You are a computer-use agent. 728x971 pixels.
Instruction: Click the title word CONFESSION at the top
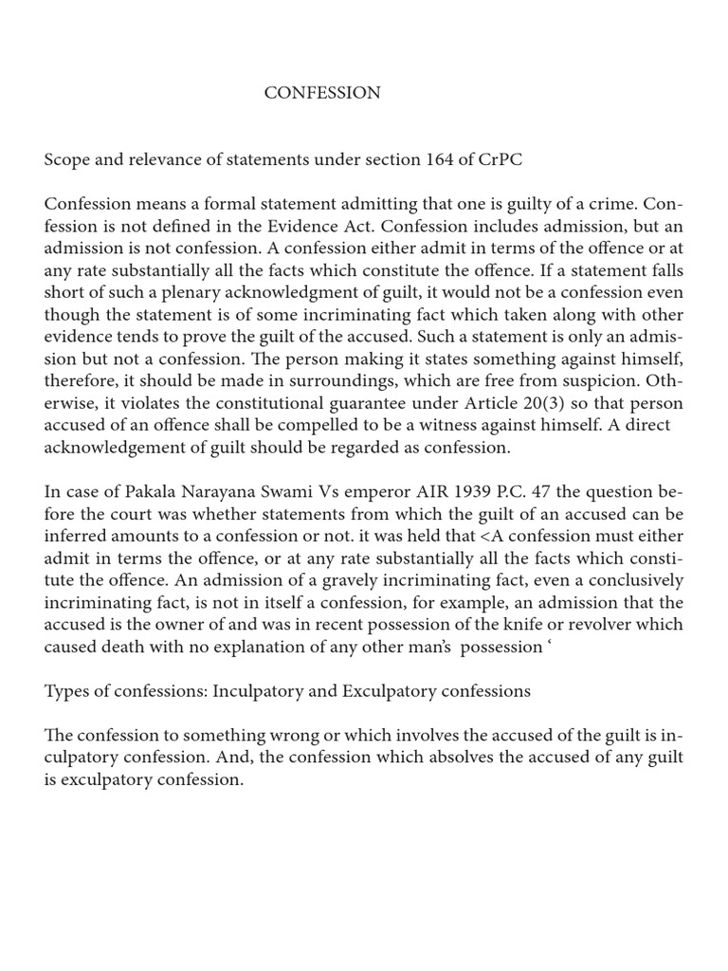tap(321, 93)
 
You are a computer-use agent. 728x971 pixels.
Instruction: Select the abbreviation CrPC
tap(500, 160)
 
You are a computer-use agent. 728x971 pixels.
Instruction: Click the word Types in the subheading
tap(67, 691)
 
